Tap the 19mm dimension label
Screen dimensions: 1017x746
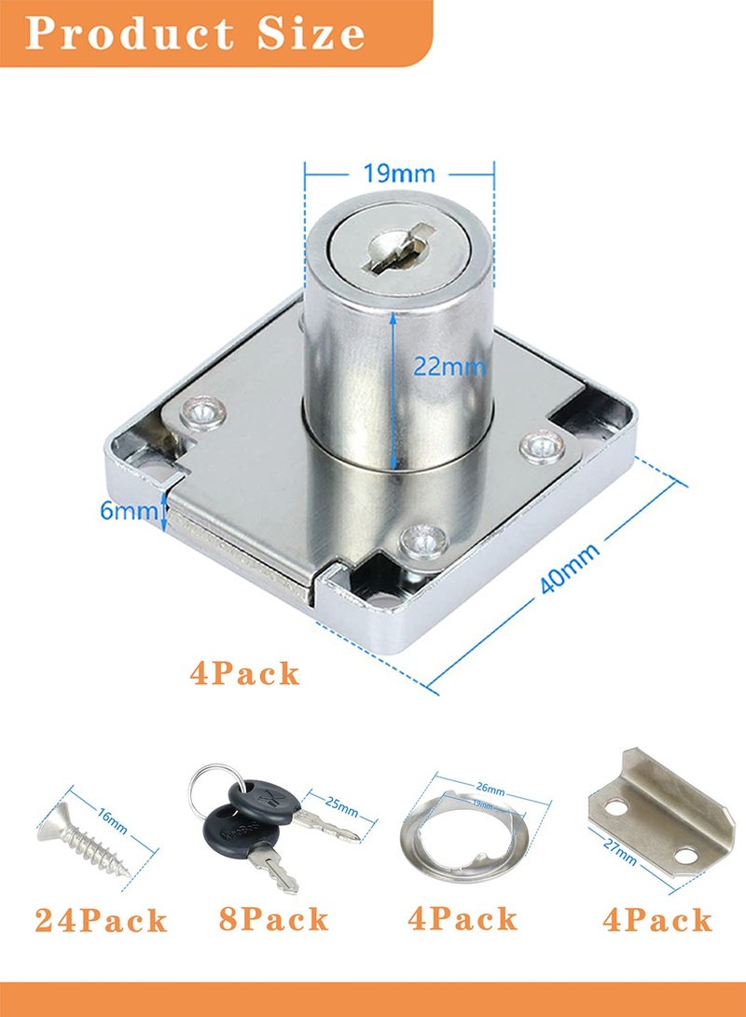pos(398,173)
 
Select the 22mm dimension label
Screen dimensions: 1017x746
pos(449,366)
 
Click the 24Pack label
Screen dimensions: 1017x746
pos(102,921)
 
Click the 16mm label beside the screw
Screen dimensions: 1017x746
pos(112,820)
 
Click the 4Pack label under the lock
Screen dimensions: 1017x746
pos(245,672)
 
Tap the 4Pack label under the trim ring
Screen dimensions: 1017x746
pos(463,919)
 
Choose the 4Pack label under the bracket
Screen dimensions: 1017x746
pos(656,920)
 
